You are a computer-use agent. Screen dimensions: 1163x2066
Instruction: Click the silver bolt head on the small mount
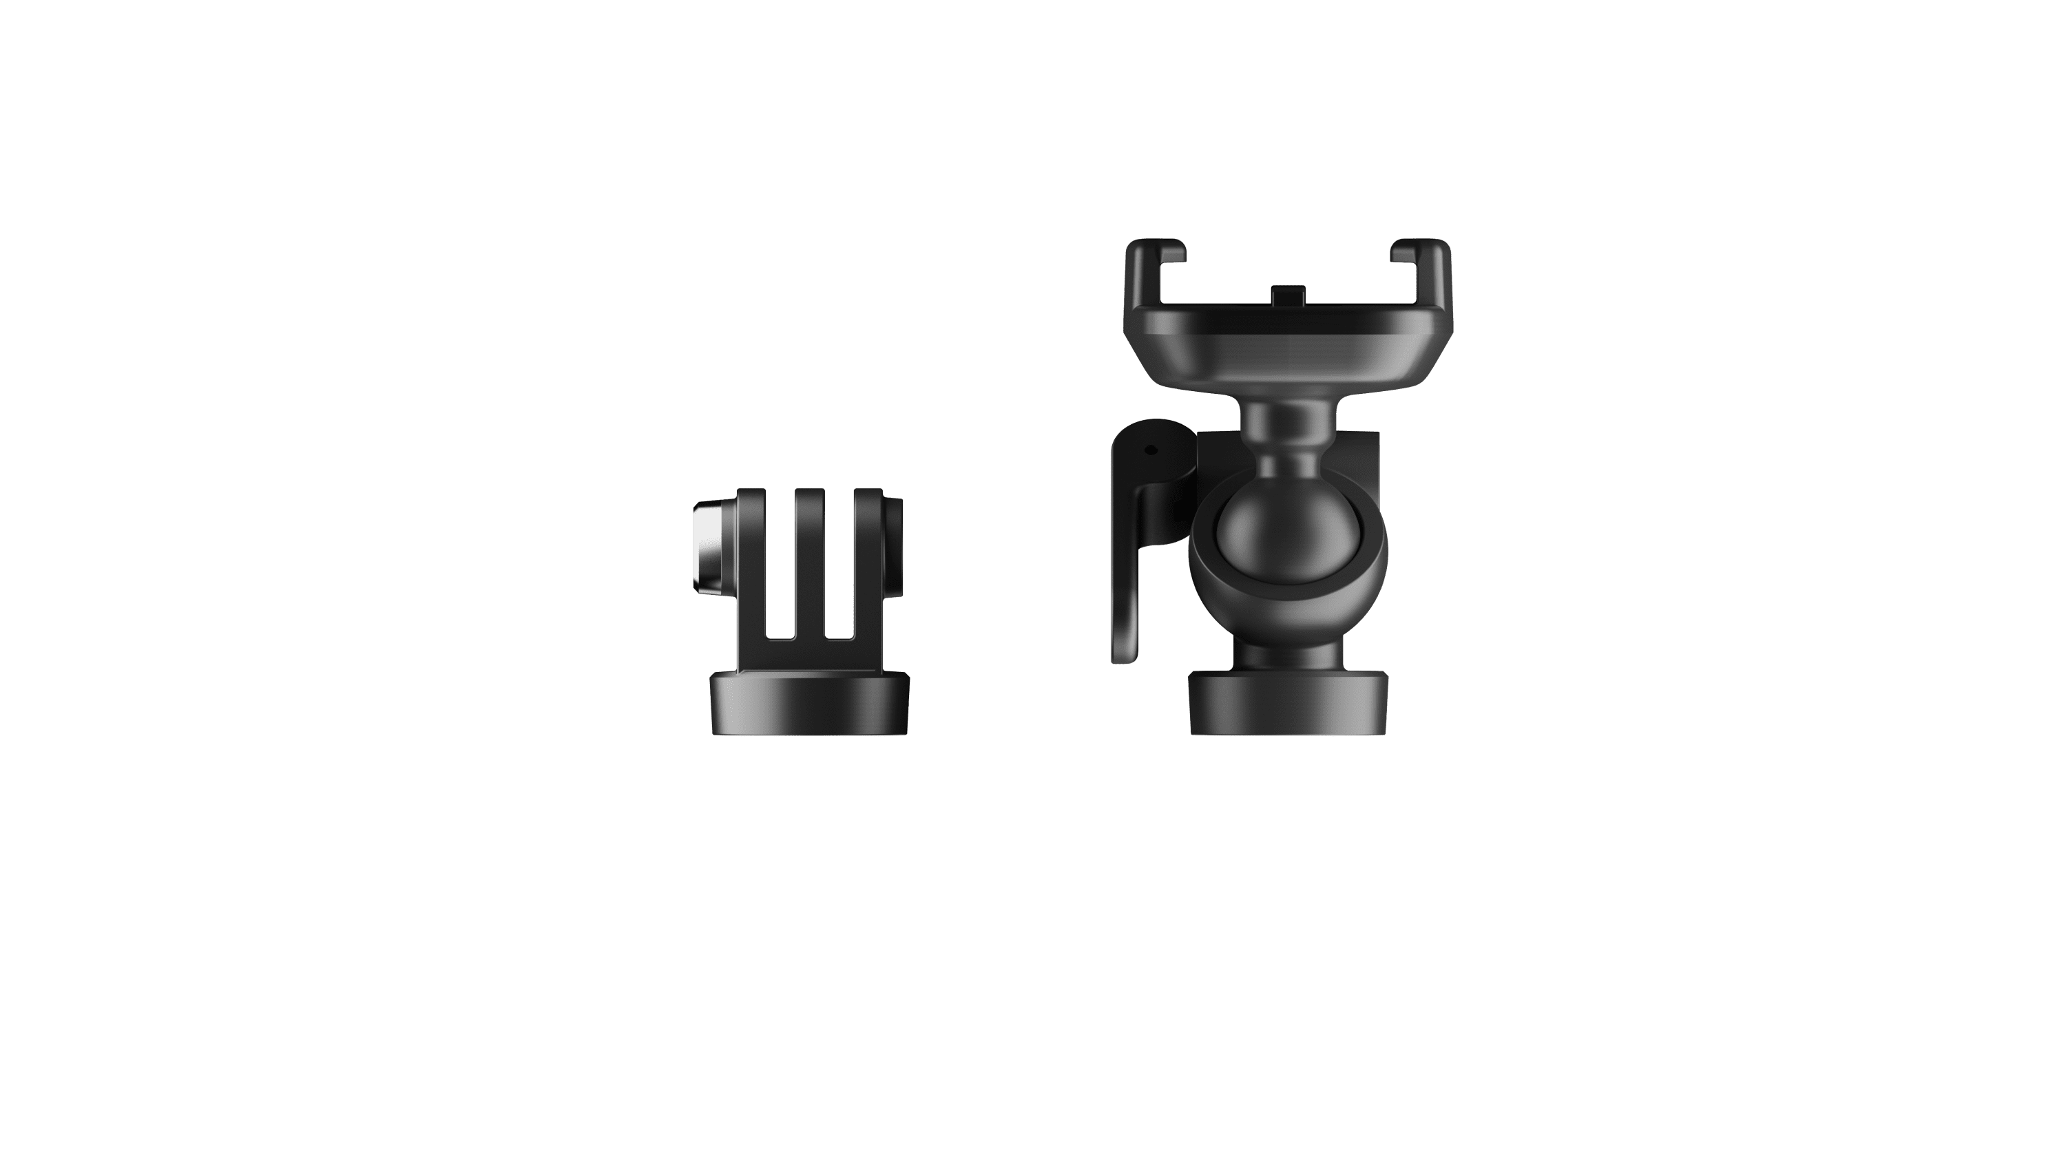point(706,546)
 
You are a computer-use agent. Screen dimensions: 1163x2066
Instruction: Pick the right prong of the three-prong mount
point(868,561)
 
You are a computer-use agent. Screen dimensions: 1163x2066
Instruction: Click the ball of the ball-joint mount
point(1264,530)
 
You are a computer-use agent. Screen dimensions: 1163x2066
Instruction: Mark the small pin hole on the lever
point(1153,451)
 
